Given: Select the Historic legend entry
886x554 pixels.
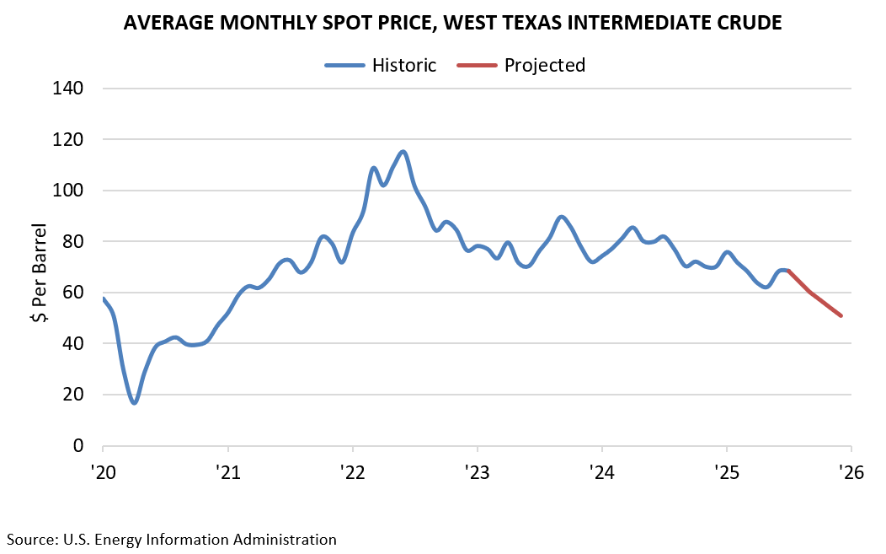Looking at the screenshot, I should click(404, 65).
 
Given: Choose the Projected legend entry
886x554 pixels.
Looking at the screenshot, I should click(544, 65).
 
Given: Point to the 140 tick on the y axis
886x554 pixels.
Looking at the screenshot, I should click(69, 88).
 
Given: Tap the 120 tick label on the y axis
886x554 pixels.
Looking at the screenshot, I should click(69, 139).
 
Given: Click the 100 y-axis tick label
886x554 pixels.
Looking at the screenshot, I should click(69, 191).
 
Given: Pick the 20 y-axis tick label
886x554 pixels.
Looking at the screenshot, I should click(73, 395).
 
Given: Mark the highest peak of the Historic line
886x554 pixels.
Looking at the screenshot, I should click(403, 152).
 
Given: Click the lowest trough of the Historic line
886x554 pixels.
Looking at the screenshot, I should click(134, 403).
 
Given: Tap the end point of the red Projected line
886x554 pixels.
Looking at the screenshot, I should click(841, 316).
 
